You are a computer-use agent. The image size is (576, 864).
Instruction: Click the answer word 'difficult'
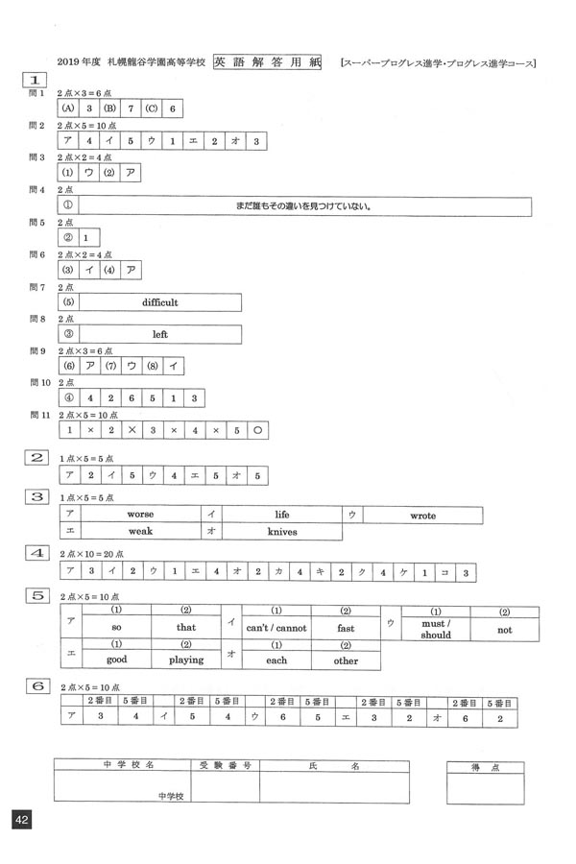[x=159, y=302]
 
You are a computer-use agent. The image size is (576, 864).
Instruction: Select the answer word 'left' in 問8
[x=159, y=335]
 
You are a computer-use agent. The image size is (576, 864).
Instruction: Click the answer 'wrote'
[x=422, y=516]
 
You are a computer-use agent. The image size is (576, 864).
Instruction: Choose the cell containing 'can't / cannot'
[x=276, y=629]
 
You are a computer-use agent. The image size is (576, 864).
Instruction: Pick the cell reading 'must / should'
[x=435, y=630]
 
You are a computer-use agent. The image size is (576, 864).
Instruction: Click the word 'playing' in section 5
[x=186, y=660]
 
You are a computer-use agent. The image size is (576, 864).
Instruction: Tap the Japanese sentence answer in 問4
[x=302, y=205]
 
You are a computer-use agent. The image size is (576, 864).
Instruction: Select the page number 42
[x=21, y=819]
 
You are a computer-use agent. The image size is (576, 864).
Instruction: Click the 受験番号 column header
[x=226, y=767]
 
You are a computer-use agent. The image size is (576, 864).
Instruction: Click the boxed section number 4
[x=37, y=554]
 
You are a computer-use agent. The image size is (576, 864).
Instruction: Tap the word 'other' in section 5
[x=346, y=660]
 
